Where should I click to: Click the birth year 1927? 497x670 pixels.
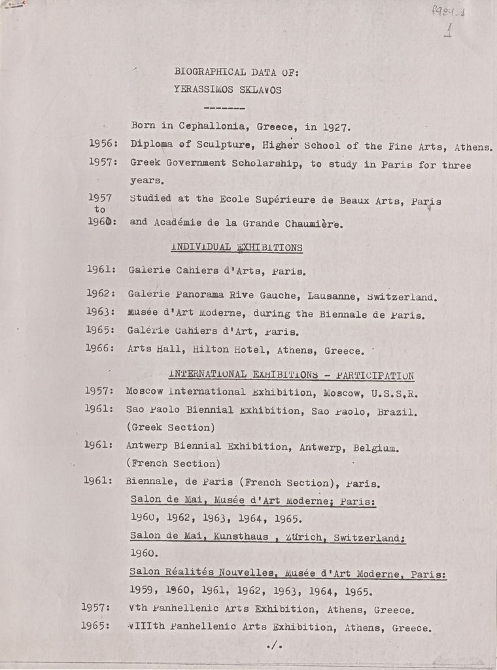[x=337, y=127]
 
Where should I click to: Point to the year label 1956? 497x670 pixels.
[x=103, y=143]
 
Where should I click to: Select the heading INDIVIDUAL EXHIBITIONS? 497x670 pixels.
[x=236, y=247]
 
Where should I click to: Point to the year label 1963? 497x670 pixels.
[x=101, y=312]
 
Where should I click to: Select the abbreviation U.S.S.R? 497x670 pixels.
[x=394, y=394]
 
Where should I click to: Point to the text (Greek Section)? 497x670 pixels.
[x=171, y=427]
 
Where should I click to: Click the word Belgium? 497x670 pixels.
[x=376, y=448]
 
